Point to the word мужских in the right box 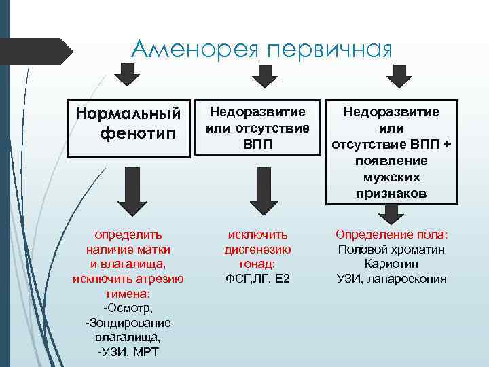click(x=392, y=177)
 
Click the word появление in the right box click(x=392, y=160)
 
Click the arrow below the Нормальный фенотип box click(x=129, y=190)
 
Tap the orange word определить click(x=128, y=234)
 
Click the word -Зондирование click(x=128, y=322)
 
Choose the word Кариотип click(x=391, y=264)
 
